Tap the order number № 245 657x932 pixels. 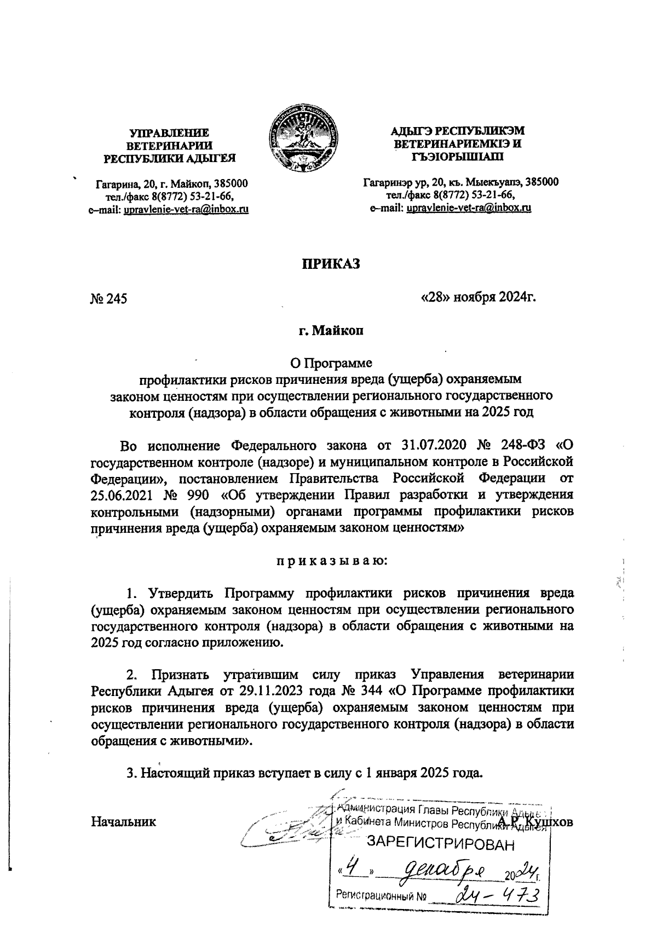point(108,298)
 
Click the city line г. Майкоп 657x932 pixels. point(330,331)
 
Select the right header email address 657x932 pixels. point(469,208)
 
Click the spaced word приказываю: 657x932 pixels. point(330,561)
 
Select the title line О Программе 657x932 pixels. point(330,363)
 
